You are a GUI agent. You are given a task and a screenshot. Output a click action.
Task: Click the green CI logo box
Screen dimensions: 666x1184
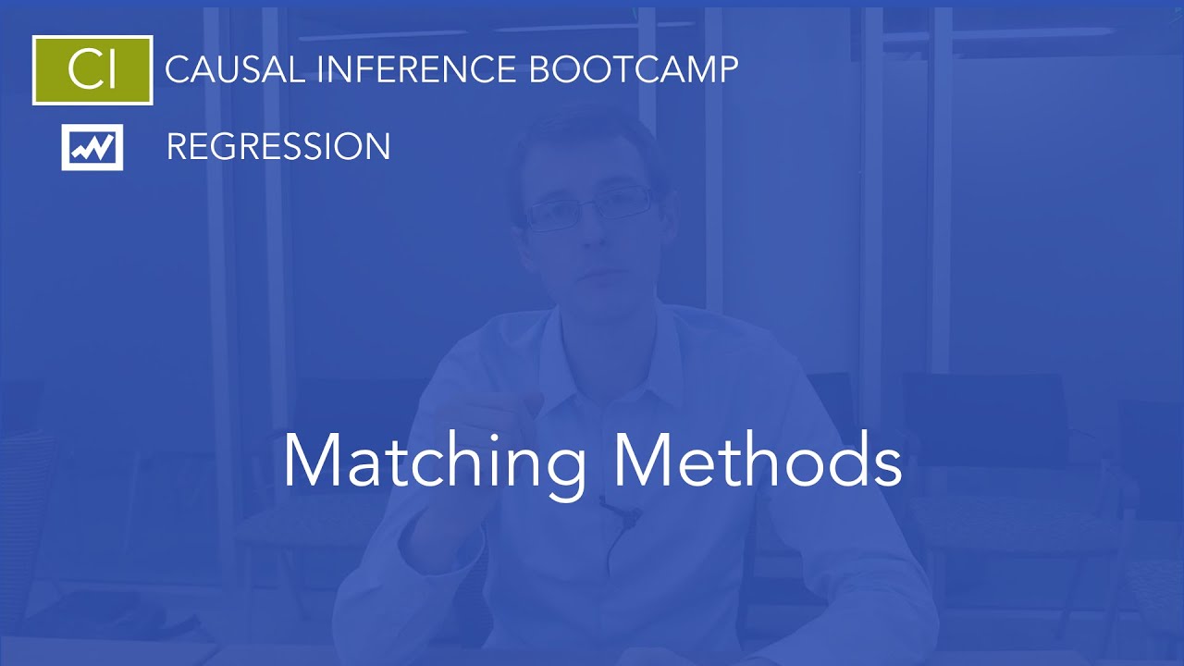(92, 70)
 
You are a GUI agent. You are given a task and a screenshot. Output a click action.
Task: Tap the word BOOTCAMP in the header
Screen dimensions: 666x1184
(634, 69)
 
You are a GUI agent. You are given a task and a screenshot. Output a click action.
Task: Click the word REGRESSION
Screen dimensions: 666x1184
(277, 147)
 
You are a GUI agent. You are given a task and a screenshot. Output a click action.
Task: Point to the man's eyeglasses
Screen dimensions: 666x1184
(592, 205)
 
